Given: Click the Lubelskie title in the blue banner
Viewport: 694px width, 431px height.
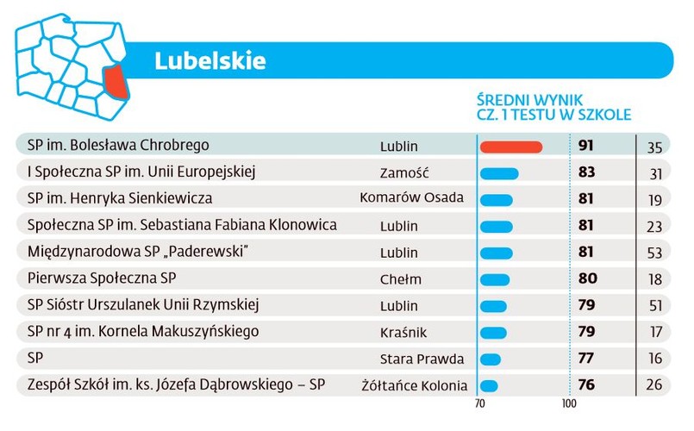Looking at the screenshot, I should [210, 60].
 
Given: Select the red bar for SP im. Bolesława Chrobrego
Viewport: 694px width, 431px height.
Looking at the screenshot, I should [510, 147].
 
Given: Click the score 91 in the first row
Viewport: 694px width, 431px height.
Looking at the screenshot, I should [586, 146].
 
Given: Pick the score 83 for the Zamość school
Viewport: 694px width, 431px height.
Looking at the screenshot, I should [586, 172].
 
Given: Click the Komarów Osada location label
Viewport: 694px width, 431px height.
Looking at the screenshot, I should [412, 198].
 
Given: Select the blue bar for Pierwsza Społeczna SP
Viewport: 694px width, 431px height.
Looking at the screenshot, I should [494, 280].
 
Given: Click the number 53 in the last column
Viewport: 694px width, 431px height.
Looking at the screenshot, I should [655, 253].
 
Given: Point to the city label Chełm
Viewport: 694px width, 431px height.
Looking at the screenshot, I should [401, 279].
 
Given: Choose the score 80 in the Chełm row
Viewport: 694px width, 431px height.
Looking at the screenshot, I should [586, 279].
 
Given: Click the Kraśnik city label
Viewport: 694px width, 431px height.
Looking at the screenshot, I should [403, 333].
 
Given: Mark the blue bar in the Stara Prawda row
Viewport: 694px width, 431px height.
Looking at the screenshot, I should [490, 359].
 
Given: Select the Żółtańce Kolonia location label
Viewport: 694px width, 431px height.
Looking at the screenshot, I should [415, 386].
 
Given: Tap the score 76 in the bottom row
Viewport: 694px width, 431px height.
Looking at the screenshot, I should [586, 385].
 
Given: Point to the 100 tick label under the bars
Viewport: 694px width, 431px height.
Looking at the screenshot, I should [569, 403].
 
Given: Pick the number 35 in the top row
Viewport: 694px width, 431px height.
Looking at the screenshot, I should [655, 147].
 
